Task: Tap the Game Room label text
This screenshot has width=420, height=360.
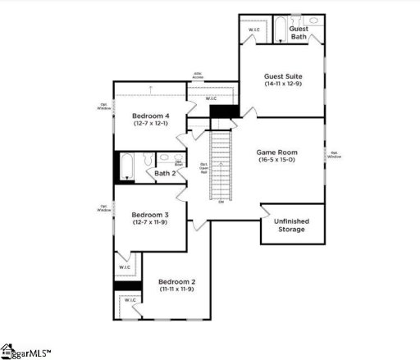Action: (x=277, y=153)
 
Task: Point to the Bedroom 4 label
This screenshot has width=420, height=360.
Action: (x=151, y=116)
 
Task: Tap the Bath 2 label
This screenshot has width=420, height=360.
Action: (x=165, y=173)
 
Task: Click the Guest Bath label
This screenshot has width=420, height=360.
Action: (x=299, y=32)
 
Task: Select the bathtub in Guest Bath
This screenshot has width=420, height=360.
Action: (x=278, y=30)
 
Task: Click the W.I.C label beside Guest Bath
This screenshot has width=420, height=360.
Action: (x=253, y=31)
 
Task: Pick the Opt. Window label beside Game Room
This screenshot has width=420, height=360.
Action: (x=335, y=154)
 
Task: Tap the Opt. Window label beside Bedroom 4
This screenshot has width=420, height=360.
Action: (x=104, y=106)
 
